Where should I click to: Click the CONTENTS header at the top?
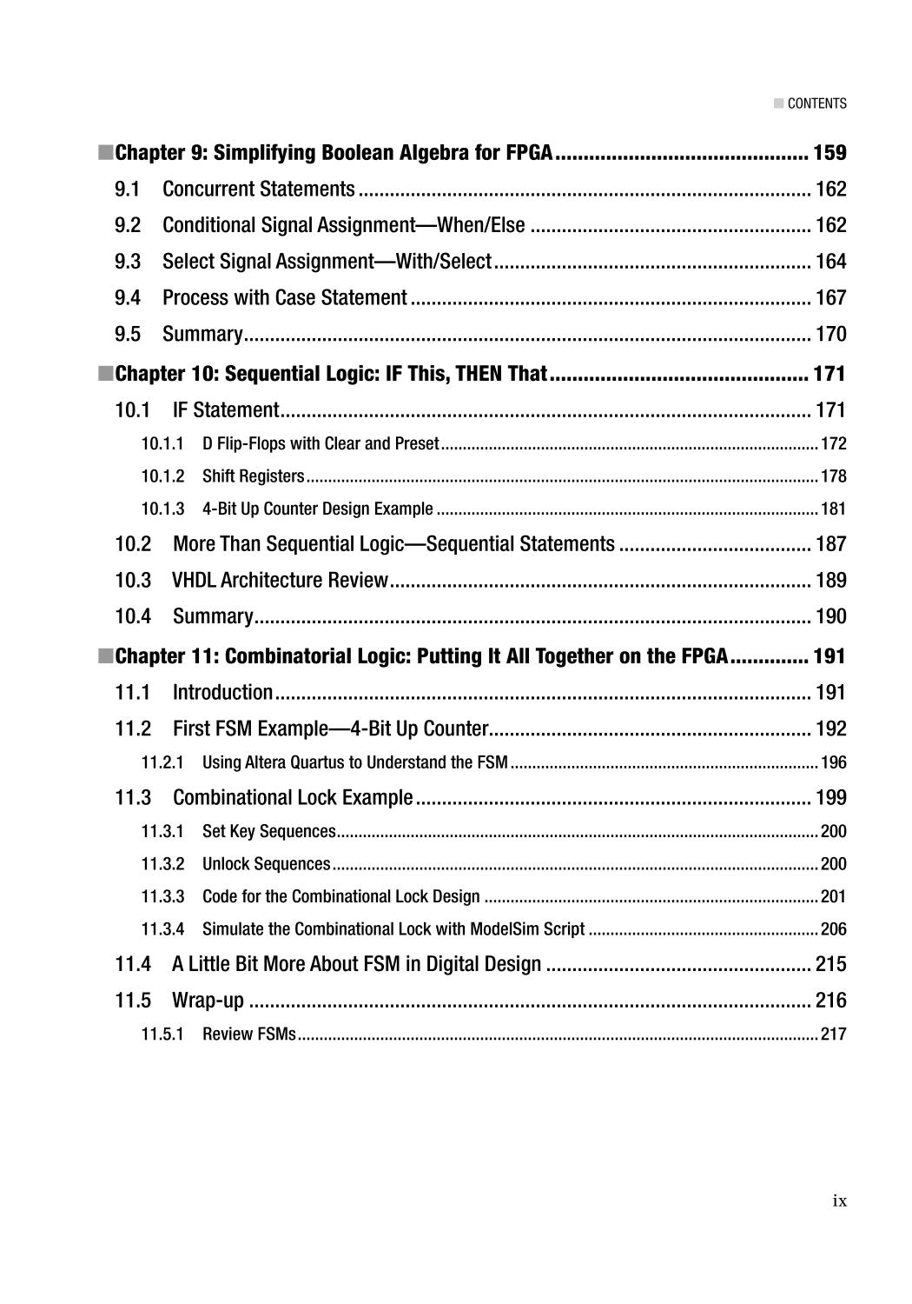(x=816, y=103)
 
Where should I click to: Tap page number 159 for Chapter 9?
(x=829, y=153)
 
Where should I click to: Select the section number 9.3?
(x=128, y=262)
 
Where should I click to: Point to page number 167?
(x=830, y=298)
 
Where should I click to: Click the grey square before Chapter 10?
(x=105, y=374)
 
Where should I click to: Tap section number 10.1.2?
(x=163, y=476)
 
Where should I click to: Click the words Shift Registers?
(x=253, y=476)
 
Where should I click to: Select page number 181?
(x=833, y=509)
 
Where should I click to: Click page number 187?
(x=830, y=544)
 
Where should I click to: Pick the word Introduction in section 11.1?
(x=222, y=693)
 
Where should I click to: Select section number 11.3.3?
(x=163, y=896)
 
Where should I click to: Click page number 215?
(x=830, y=964)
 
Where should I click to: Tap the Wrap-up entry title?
(x=208, y=1001)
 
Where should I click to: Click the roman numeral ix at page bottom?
(x=839, y=1201)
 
